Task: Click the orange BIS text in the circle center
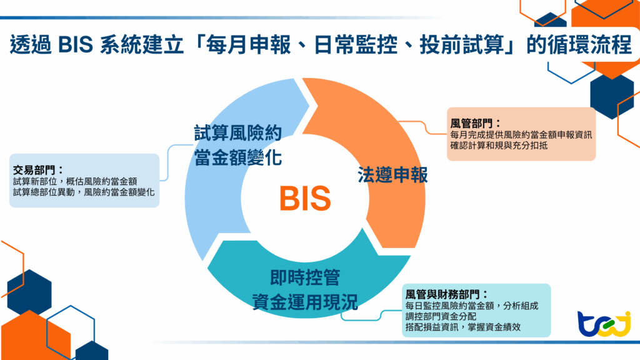(304, 198)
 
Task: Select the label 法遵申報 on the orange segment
(392, 175)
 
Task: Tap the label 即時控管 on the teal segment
(305, 277)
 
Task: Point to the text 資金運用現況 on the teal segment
(305, 302)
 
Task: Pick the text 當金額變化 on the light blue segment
(237, 157)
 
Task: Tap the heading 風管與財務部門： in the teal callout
(446, 294)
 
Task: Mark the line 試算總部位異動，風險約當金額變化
(84, 192)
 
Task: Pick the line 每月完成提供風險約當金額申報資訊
(521, 134)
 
